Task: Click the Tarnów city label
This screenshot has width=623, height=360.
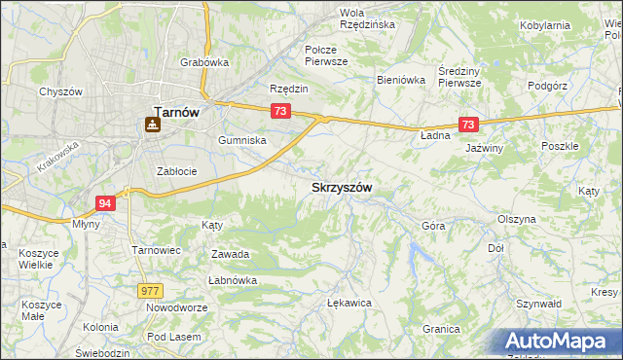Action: coord(176,111)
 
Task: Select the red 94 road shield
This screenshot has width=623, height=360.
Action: coord(106,202)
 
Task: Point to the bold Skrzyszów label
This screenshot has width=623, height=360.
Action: coord(342,186)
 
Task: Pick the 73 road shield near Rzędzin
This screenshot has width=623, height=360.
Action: coord(280,112)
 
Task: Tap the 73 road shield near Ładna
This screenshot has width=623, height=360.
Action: coord(469,125)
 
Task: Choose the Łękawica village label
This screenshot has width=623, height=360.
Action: coord(350,303)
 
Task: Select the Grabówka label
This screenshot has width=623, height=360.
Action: coord(203,62)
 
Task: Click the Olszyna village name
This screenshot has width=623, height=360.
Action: coord(516,219)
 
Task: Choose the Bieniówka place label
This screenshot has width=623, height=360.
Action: coord(401,81)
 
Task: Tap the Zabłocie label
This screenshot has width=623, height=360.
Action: coord(177,171)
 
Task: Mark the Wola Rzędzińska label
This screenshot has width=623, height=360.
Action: coord(366,18)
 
